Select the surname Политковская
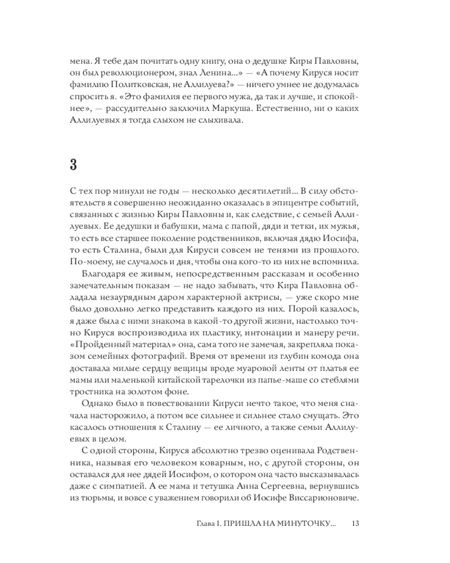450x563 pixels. pyautogui.click(x=140, y=88)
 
